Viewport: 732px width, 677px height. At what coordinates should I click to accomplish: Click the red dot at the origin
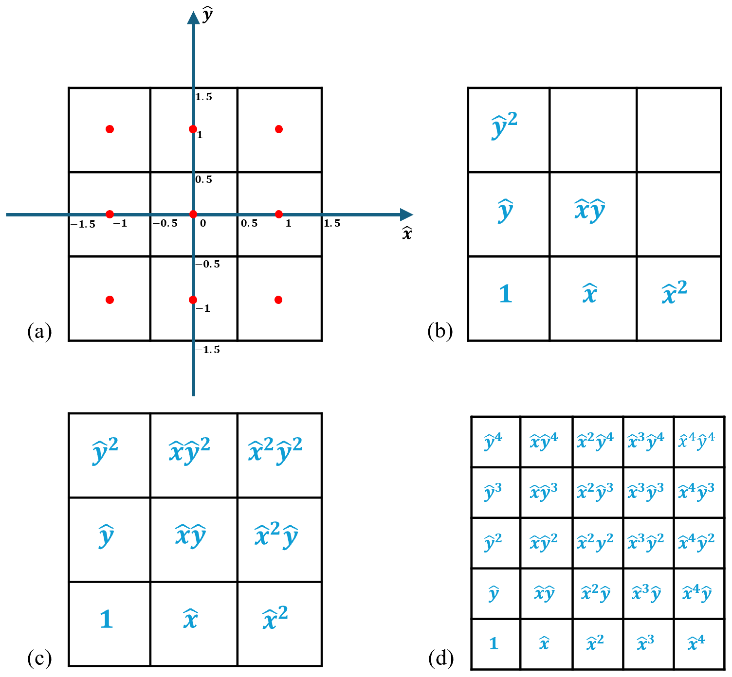[x=193, y=214]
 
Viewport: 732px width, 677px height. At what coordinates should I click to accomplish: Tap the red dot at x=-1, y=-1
[x=110, y=300]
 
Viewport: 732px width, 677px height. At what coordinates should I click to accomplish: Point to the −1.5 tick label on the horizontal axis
[x=83, y=224]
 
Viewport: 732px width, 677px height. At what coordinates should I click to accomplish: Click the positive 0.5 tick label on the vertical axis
[x=204, y=179]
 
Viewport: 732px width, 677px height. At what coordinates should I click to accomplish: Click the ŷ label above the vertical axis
[x=207, y=15]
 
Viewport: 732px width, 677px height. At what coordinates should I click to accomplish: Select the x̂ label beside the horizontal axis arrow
[x=407, y=233]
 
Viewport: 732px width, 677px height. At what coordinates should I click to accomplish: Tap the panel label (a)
[x=39, y=331]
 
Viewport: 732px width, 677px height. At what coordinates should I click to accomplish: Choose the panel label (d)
[x=441, y=658]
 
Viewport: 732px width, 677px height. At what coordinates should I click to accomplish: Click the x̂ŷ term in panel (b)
[x=590, y=211]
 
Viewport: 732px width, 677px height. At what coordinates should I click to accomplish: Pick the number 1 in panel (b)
[x=506, y=294]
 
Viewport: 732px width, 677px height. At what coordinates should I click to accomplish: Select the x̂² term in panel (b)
[x=674, y=292]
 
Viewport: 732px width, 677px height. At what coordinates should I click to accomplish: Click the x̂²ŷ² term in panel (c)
[x=275, y=450]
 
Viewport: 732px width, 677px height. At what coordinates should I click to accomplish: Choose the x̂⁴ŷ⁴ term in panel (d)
[x=696, y=441]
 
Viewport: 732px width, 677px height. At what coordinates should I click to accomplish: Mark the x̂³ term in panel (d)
[x=645, y=643]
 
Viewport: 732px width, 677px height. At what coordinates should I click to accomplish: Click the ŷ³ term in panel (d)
[x=493, y=493]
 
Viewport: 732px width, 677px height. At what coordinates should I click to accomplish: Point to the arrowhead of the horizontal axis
[x=406, y=215]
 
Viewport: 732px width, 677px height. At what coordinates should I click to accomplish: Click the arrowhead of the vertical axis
[x=194, y=18]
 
